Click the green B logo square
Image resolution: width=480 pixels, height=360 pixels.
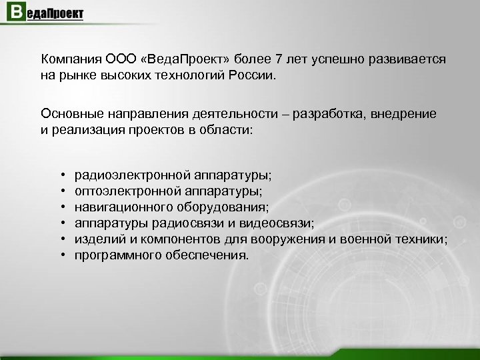13,14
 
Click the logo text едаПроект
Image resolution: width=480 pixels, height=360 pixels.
54,14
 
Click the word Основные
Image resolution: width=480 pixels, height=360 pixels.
71,114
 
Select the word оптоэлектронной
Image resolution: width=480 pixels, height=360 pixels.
125,191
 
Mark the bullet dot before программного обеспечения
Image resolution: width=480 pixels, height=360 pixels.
61,255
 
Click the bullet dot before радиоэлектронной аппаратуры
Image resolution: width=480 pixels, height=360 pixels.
61,175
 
